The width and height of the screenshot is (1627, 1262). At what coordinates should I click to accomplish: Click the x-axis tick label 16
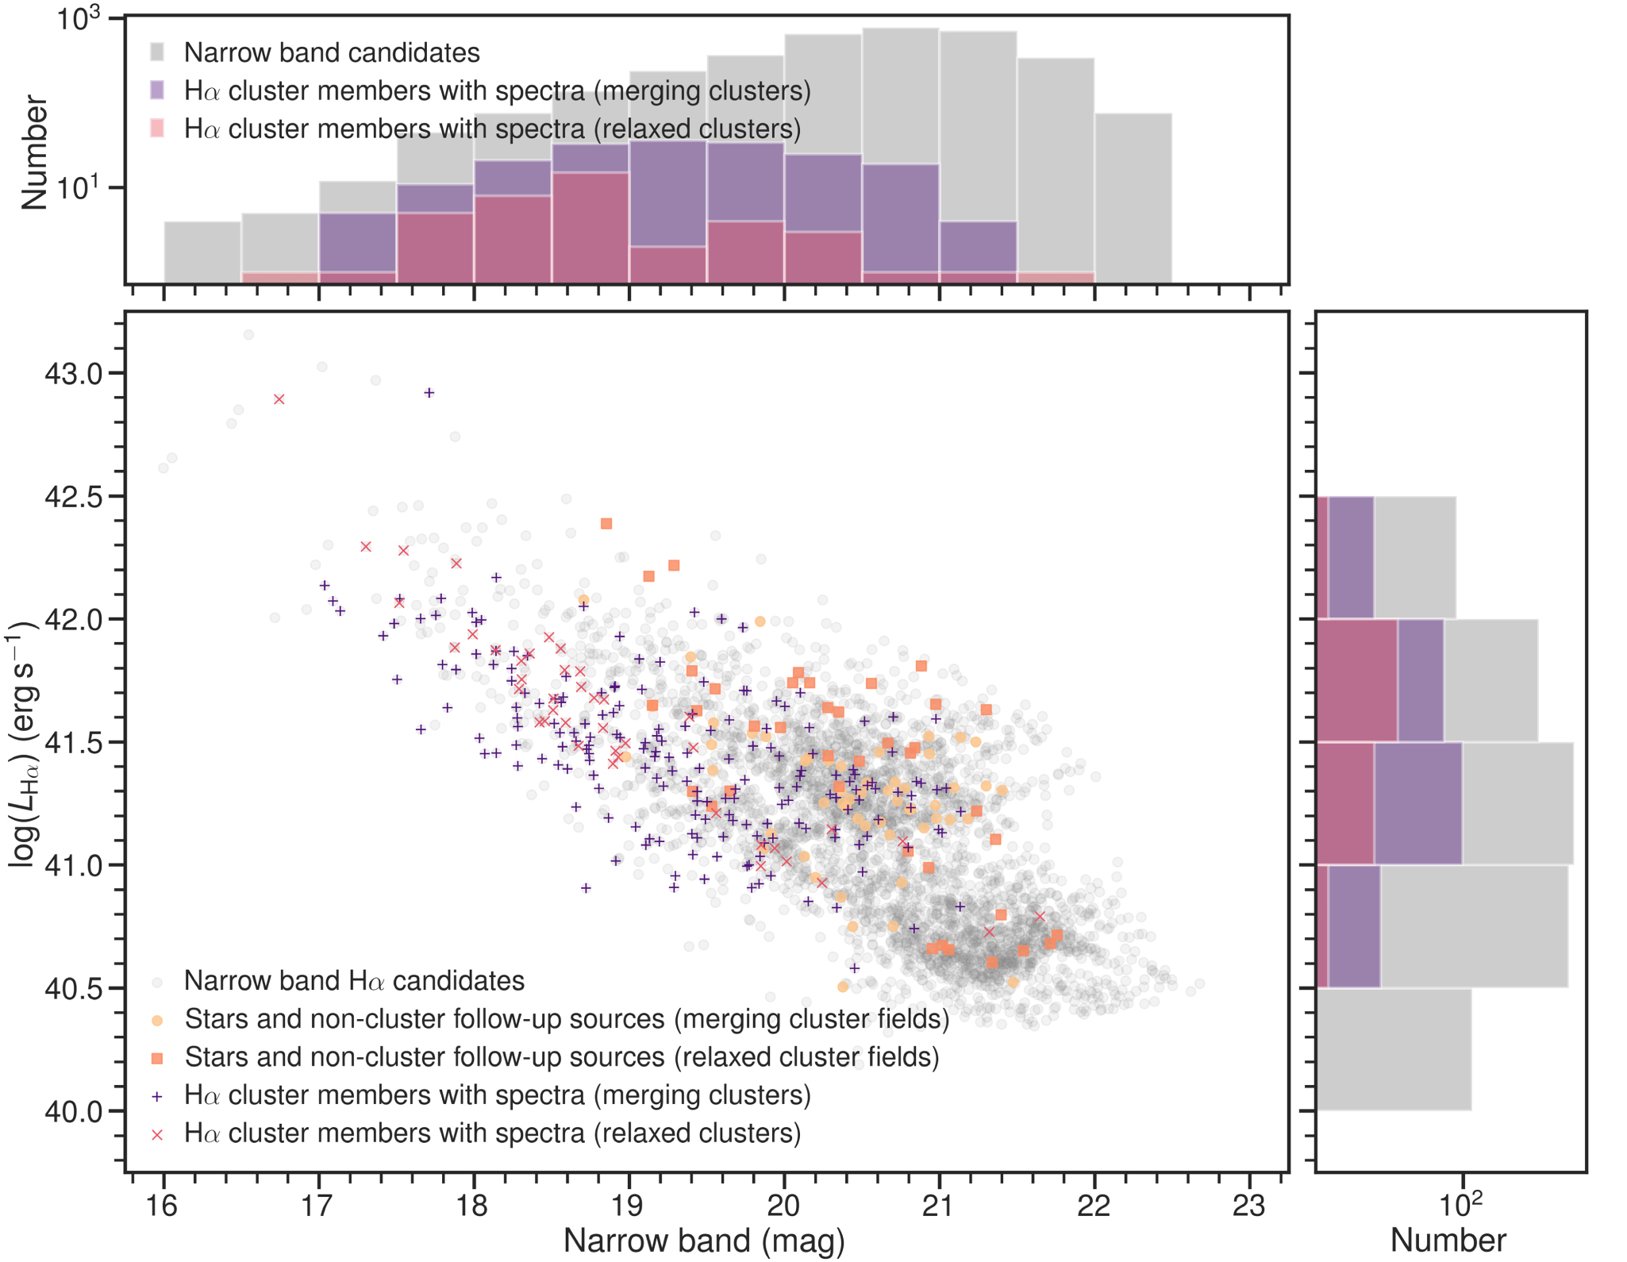tap(162, 1206)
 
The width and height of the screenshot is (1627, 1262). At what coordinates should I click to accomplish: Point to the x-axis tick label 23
tap(1248, 1206)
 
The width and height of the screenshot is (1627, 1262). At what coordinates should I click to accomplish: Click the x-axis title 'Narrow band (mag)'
tap(704, 1241)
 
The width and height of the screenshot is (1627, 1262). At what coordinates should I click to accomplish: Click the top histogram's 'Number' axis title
tap(34, 152)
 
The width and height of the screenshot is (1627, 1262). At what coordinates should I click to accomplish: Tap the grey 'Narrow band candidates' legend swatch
tap(157, 52)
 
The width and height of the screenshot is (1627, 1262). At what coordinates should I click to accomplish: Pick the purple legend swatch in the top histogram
tap(157, 90)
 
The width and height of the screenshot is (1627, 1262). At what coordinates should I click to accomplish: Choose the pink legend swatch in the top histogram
tap(157, 129)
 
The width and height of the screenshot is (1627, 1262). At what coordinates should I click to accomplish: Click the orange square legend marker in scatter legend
tap(157, 1058)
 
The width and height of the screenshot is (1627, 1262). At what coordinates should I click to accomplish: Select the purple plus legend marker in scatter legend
tap(157, 1096)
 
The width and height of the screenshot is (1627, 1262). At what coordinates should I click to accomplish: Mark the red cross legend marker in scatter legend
tap(157, 1134)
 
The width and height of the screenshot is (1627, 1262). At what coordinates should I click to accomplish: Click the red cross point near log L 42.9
tap(279, 399)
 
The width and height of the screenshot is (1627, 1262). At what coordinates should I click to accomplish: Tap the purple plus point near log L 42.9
tap(429, 393)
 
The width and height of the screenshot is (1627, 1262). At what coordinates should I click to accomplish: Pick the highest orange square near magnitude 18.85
tap(606, 524)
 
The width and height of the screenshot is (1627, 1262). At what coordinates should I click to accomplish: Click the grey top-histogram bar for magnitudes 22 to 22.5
tap(1133, 198)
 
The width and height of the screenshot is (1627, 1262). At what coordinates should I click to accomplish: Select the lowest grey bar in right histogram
tap(1394, 1049)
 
